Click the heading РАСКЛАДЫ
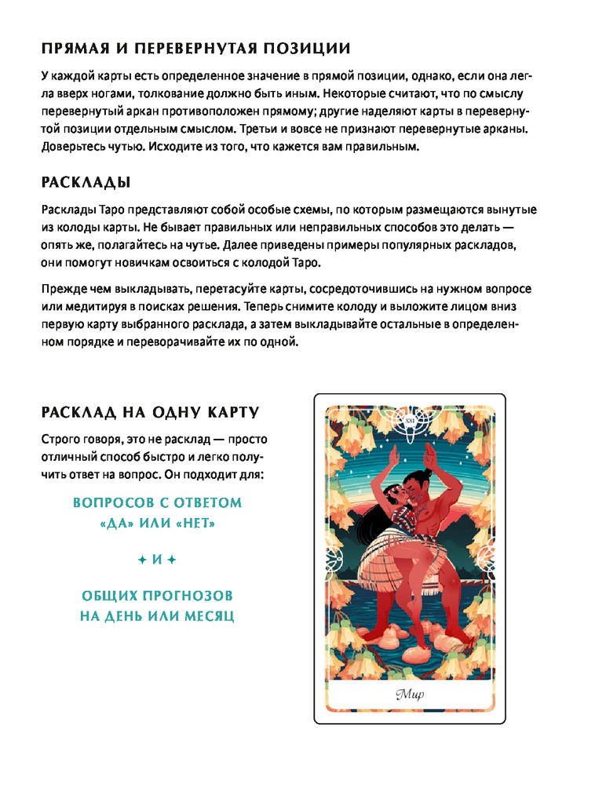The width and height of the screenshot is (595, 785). pos(85,183)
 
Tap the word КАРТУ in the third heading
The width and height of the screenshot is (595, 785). pos(233,412)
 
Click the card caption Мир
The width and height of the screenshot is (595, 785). pos(409,694)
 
